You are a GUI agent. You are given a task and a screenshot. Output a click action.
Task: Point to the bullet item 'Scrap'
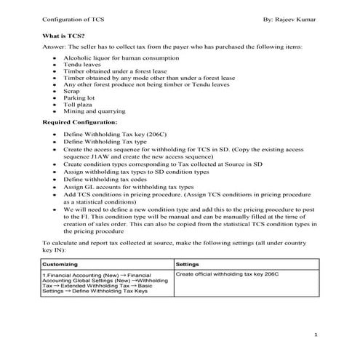(72, 92)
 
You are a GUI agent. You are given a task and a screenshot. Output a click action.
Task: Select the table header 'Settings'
(188, 263)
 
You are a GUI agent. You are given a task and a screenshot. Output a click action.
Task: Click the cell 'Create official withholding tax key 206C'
(227, 274)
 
